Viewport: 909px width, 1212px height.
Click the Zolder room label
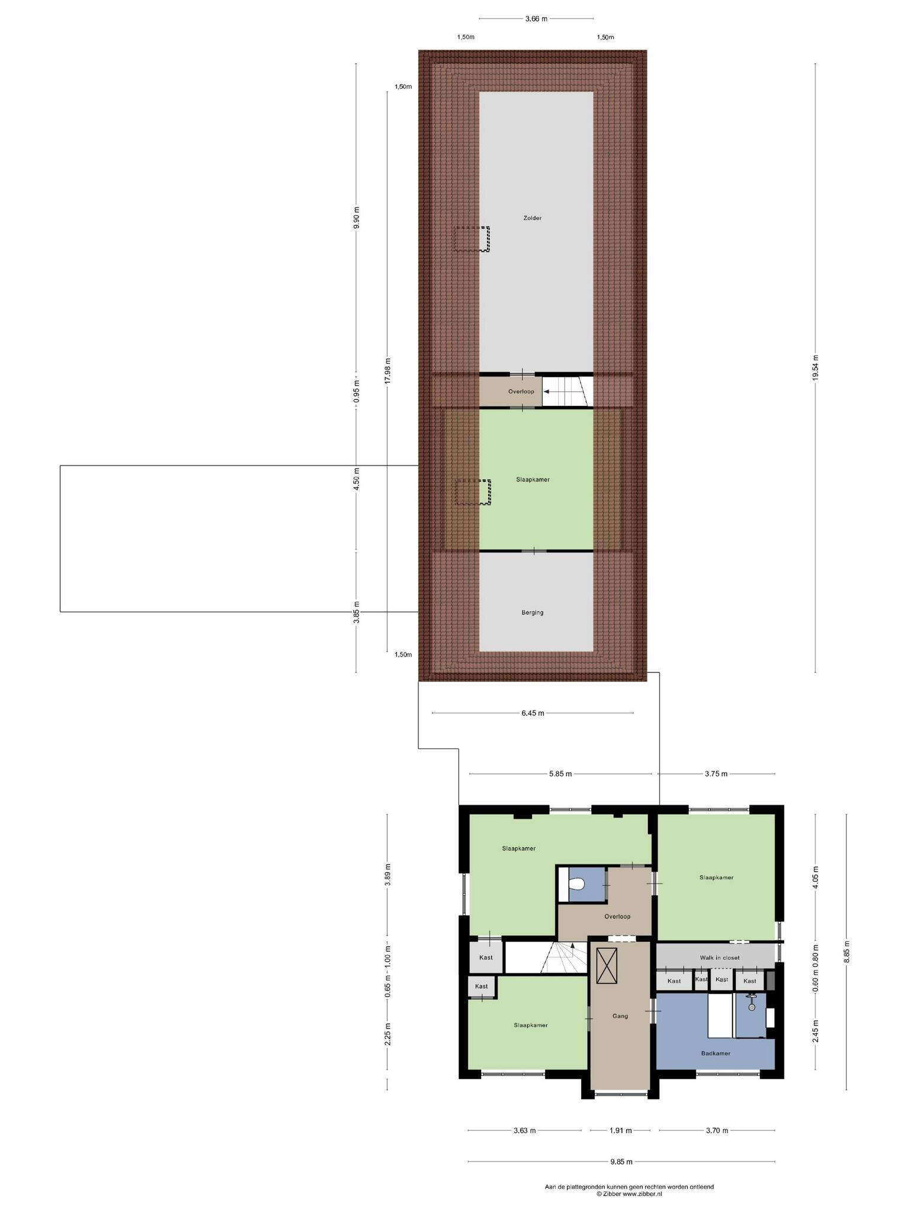pyautogui.click(x=532, y=218)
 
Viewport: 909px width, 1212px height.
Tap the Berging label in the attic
pyautogui.click(x=532, y=613)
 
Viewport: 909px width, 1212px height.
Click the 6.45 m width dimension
pyautogui.click(x=533, y=713)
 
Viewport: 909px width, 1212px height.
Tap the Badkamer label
pyautogui.click(x=715, y=1053)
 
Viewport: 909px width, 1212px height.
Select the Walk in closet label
pyautogui.click(x=719, y=958)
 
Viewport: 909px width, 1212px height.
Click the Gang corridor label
pyautogui.click(x=620, y=1016)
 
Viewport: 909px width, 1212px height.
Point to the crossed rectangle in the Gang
pyautogui.click(x=607, y=966)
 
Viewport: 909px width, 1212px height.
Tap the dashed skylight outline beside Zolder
pyautogui.click(x=472, y=239)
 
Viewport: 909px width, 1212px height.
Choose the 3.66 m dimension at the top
pyautogui.click(x=536, y=18)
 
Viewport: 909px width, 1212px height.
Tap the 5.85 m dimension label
pyautogui.click(x=560, y=773)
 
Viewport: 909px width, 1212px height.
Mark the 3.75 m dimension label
pyautogui.click(x=715, y=773)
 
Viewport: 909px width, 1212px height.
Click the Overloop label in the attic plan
pyautogui.click(x=521, y=391)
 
